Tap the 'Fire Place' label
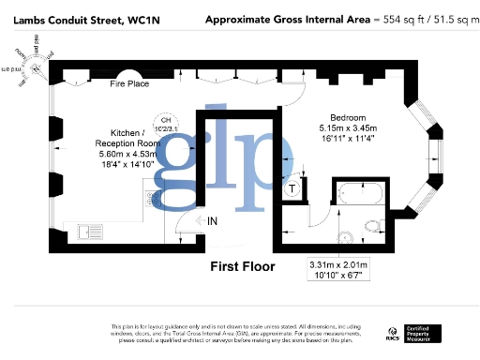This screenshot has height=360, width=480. (x=130, y=85)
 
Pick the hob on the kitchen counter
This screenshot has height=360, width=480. (x=154, y=198)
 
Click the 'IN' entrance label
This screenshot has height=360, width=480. (x=214, y=220)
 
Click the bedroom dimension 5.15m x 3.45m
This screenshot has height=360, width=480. (x=348, y=127)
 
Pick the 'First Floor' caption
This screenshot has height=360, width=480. (x=243, y=267)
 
